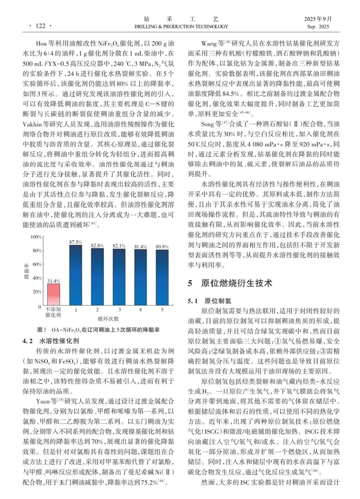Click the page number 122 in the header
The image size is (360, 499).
tap(40, 26)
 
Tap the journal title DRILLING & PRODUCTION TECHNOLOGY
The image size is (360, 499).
tap(181, 27)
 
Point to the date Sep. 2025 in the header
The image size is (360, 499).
tap(318, 27)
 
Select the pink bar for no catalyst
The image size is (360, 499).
tap(53, 294)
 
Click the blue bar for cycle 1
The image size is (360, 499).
tap(76, 275)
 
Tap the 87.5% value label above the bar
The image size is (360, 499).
tap(76, 242)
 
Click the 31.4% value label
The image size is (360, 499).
tap(53, 281)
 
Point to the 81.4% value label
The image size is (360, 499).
tap(140, 247)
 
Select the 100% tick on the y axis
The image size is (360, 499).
tap(36, 237)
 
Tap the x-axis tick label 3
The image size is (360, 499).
tap(119, 310)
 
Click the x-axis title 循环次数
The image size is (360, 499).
tap(108, 319)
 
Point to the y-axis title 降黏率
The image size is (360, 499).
tap(27, 271)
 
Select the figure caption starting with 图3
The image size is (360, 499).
tap(98, 330)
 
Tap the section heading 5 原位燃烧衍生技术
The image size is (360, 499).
tap(230, 283)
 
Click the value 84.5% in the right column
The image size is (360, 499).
tap(231, 94)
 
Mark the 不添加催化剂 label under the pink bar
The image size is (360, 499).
tap(53, 312)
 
